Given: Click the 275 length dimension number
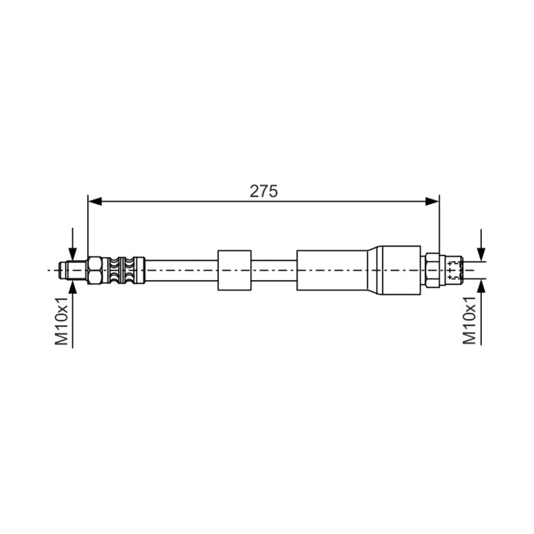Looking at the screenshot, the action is pyautogui.click(x=263, y=191).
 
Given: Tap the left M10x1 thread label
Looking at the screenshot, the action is pyautogui.click(x=61, y=321).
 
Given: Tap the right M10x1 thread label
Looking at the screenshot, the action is pyautogui.click(x=469, y=320).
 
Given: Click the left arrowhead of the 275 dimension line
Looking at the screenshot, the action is pyautogui.click(x=95, y=202).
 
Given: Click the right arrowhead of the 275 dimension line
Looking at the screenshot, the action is pyautogui.click(x=432, y=202).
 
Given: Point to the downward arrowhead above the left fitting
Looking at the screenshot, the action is pyautogui.click(x=73, y=255).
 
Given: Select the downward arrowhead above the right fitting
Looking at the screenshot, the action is pyautogui.click(x=481, y=255).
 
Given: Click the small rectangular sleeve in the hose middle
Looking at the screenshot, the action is pyautogui.click(x=235, y=270).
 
